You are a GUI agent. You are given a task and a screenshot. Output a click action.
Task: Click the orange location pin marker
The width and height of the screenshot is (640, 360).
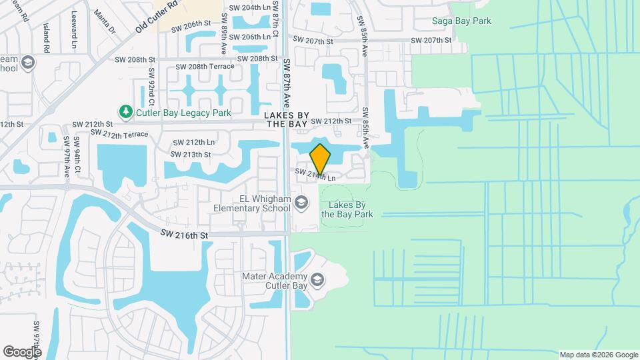pos(320,159)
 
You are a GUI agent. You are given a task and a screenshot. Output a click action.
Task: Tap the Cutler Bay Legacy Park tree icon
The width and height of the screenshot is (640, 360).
pos(125,112)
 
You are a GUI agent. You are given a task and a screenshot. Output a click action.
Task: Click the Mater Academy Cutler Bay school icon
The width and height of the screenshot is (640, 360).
pos(317,279)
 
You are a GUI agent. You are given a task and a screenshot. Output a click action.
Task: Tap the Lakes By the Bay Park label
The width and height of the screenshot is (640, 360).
pos(347,209)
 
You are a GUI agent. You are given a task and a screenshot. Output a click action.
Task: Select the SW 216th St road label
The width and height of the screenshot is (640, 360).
pos(185,235)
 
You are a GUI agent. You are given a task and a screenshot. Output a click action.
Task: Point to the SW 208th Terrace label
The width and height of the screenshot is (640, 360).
pos(205,67)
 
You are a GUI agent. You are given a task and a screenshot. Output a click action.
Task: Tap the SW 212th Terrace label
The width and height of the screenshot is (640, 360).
pos(119,133)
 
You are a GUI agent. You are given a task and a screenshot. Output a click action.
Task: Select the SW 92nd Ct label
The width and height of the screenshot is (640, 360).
pos(152,87)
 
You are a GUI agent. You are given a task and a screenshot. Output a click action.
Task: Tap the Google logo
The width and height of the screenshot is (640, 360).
pos(23,351)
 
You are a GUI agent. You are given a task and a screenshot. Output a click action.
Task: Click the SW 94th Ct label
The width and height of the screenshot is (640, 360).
pos(77,155)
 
